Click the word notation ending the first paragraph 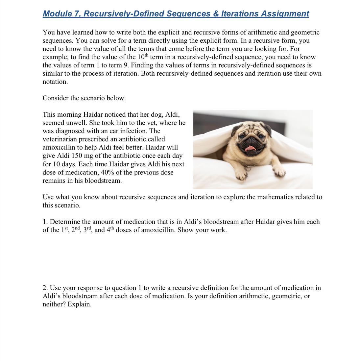click(55, 82)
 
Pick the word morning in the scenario click(69, 115)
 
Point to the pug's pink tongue click(251, 149)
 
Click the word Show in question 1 click(185, 230)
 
